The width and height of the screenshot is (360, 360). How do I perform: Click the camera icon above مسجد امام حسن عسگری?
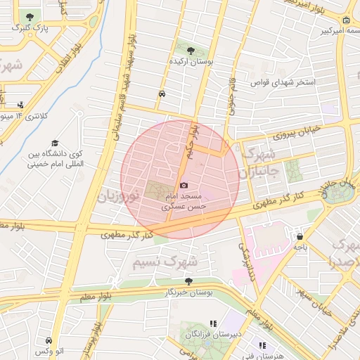tap(184, 186)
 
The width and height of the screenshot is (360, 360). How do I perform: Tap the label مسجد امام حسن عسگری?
tap(184, 201)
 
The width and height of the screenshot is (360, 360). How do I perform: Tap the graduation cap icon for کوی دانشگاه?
tap(55, 143)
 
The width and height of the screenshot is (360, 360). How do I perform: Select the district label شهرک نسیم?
tap(166, 262)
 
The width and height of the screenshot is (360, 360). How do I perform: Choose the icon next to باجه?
tap(300, 237)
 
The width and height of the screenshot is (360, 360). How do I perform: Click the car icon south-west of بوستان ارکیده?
tap(162, 94)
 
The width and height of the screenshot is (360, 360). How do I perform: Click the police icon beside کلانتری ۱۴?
tap(20, 105)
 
